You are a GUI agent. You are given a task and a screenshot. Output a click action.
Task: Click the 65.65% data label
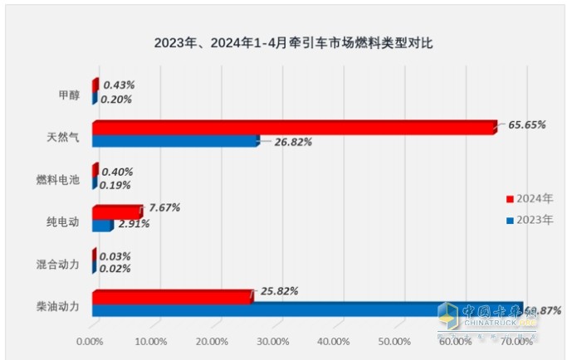(526, 125)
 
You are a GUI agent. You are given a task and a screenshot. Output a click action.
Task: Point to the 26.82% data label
(293, 142)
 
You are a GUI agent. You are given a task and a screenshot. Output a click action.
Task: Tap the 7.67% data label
(165, 207)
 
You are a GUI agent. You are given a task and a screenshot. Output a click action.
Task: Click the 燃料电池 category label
(58, 178)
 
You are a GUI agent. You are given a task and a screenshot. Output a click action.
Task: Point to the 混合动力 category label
(58, 264)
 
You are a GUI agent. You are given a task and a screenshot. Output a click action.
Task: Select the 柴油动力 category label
(58, 306)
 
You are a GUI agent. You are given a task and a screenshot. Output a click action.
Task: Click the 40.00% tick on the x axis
(333, 341)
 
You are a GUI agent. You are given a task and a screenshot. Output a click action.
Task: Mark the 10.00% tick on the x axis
(150, 341)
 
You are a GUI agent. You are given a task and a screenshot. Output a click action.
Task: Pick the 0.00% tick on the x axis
(90, 341)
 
